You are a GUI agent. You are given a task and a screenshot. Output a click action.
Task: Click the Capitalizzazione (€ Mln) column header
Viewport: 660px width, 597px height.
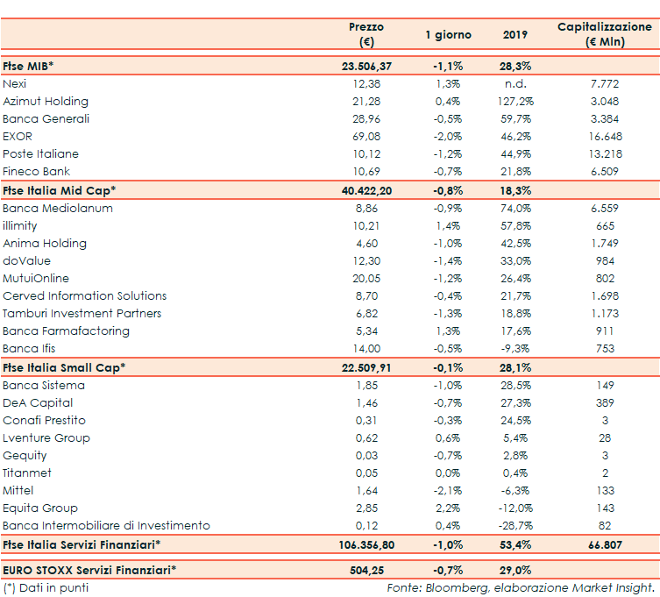coord(605,34)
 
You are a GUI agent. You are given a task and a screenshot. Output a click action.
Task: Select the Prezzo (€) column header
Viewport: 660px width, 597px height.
coord(366,34)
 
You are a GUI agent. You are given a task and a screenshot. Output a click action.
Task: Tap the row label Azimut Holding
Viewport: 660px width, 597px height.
coord(46,102)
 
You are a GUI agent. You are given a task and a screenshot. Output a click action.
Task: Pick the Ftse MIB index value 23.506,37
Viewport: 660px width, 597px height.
coord(366,66)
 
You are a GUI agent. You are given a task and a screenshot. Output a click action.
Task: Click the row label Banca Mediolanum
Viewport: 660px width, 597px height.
coord(58,209)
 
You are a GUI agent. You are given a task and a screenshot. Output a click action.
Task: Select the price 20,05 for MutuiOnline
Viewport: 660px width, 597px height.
coord(366,279)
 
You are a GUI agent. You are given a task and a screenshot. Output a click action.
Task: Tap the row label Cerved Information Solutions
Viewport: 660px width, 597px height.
coord(85,296)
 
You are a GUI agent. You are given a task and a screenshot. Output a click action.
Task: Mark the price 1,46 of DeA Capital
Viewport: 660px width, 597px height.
coord(366,403)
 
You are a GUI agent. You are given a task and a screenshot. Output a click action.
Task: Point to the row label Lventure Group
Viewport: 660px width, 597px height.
coord(46,438)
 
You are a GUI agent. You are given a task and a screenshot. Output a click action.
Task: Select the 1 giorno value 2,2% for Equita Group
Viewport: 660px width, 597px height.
coord(448,508)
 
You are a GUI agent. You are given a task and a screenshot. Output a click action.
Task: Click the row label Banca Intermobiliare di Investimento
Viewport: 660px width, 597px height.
coord(106,526)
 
